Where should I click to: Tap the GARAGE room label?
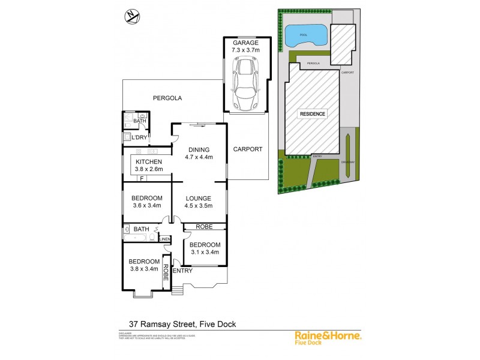245,43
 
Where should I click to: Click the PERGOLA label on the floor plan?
167,98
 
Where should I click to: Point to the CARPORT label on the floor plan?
247,149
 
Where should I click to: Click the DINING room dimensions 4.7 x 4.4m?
199,158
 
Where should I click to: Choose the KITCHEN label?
148,162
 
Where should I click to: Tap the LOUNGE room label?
199,198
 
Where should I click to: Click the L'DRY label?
139,138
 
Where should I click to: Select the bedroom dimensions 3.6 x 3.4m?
147,206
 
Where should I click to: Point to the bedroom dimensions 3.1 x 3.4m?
205,252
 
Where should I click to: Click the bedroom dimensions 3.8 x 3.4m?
145,269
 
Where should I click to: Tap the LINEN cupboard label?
164,239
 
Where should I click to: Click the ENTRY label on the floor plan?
182,271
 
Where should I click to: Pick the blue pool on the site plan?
306,36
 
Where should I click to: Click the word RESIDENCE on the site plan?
313,113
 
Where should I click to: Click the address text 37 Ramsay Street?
161,324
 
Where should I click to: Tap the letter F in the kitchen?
142,178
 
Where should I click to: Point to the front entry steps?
177,290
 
